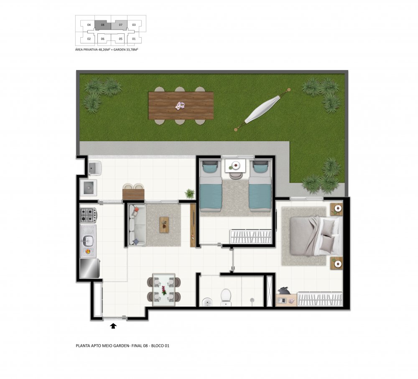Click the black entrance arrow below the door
click(x=114, y=326)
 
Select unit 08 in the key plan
click(x=103, y=25)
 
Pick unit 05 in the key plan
click(x=120, y=39)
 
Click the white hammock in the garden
click(x=263, y=109)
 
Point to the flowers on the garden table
click(x=180, y=106)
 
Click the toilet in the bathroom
click(x=226, y=297)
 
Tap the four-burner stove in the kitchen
click(x=88, y=215)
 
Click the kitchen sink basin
click(x=88, y=241)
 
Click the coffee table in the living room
click(x=164, y=225)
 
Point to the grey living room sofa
click(x=137, y=225)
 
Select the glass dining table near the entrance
click(x=164, y=290)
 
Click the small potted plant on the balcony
click(x=189, y=194)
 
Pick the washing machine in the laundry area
click(x=89, y=188)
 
